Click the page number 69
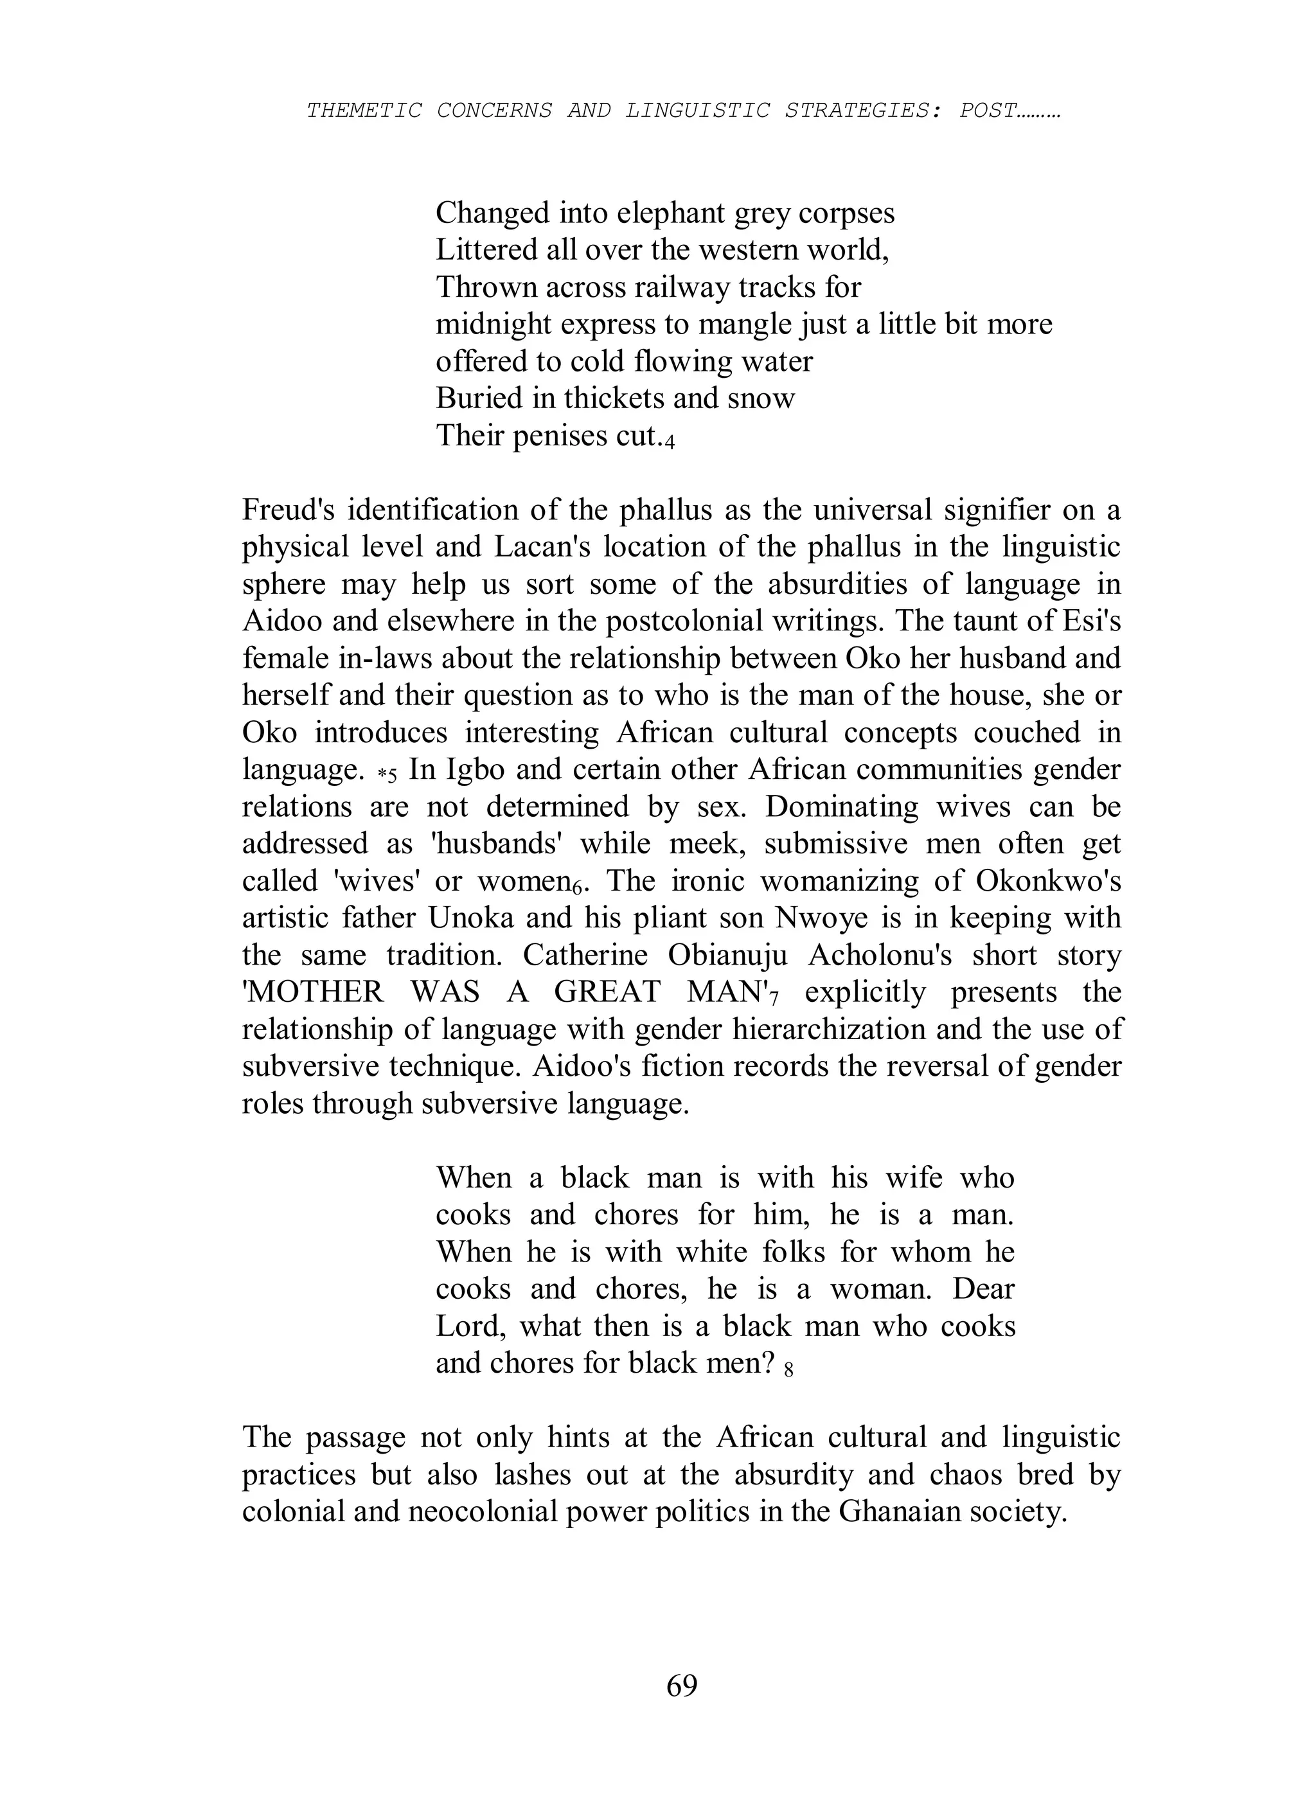point(682,1686)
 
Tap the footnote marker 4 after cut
point(670,442)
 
